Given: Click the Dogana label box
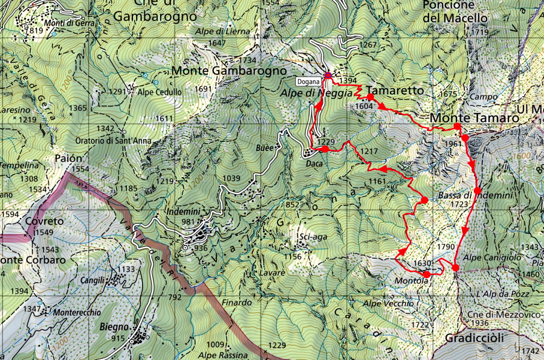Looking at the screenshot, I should tap(309, 81).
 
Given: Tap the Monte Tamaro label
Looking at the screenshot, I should tap(474, 118).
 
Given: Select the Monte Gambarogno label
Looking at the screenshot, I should tap(228, 71).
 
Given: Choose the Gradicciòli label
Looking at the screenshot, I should tap(474, 339).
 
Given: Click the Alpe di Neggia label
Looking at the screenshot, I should tap(307, 94).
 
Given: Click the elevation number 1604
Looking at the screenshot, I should tap(364, 105).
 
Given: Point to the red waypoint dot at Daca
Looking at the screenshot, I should tap(325, 149).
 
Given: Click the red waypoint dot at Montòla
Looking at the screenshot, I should tap(427, 275).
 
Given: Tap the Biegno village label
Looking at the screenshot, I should tap(112, 328).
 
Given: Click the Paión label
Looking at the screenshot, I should tap(68, 158).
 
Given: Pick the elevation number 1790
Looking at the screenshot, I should tap(445, 246).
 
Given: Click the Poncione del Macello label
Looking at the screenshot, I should tap(455, 11).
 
